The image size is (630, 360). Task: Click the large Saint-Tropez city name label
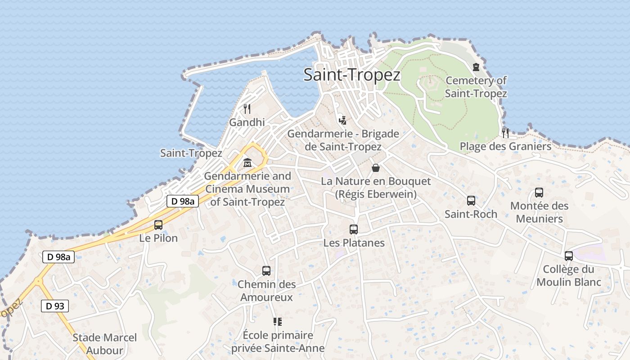coord(351,74)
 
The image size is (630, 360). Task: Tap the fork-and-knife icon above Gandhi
coord(247,108)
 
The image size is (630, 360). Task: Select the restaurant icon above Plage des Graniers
coord(505,133)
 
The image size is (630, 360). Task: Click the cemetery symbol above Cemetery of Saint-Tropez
coord(476,67)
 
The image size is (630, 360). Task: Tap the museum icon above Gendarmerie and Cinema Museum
coord(247,162)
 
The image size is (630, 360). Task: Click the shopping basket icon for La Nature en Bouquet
coord(376,168)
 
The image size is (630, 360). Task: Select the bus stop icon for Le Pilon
coord(158,225)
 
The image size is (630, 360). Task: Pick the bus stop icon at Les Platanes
coord(354,229)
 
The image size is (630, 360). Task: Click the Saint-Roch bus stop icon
coord(471,201)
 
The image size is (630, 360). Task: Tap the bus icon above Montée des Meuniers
coord(539,193)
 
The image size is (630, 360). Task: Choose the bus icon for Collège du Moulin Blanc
coord(569,256)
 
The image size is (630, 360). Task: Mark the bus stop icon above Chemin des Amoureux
coord(266,271)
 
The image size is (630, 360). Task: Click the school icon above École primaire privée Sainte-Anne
coord(278,322)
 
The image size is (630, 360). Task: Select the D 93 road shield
coord(55,306)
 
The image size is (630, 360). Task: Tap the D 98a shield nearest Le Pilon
coord(183,201)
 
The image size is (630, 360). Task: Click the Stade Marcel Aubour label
coord(104,344)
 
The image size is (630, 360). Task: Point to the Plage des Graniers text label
coord(505,146)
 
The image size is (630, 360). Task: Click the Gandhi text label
coord(247,122)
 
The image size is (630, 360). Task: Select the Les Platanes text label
coord(354,243)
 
